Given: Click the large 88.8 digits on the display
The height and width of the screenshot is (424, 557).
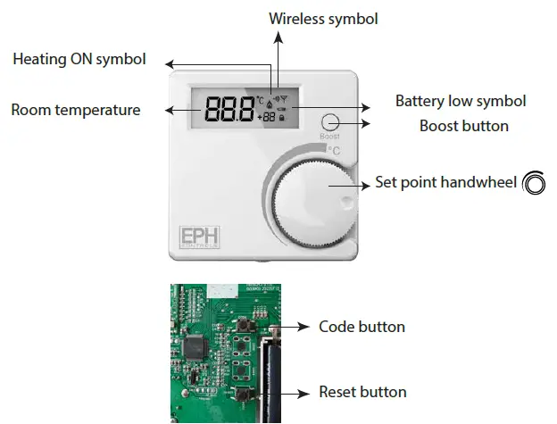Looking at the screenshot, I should pyautogui.click(x=229, y=110).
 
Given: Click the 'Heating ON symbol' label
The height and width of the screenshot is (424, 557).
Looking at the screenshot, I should pyautogui.click(x=79, y=60).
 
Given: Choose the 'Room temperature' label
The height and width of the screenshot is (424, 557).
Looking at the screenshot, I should pyautogui.click(x=75, y=110).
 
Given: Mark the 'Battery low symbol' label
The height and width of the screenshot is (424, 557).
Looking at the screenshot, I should pyautogui.click(x=461, y=101).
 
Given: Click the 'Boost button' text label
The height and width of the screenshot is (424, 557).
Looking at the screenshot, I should pyautogui.click(x=464, y=126).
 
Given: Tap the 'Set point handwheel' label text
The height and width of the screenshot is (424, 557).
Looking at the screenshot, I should pyautogui.click(x=445, y=183).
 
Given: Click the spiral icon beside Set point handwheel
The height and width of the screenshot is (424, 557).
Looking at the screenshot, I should pyautogui.click(x=534, y=182).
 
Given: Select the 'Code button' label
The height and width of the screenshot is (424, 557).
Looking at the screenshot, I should pyautogui.click(x=362, y=327).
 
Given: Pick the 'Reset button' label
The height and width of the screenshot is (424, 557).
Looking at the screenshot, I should pyautogui.click(x=362, y=392).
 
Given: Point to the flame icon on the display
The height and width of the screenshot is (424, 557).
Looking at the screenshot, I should pyautogui.click(x=270, y=104).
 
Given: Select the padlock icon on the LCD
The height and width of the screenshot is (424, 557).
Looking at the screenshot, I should pyautogui.click(x=282, y=117).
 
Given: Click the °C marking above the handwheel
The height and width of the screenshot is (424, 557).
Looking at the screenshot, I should pyautogui.click(x=334, y=150).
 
